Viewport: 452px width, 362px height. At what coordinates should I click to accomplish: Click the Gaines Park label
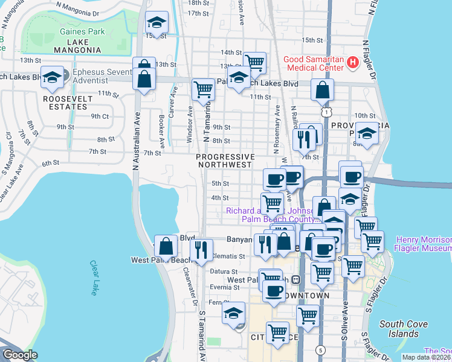(x=82, y=32)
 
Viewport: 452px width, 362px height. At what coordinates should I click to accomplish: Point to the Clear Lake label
(x=94, y=278)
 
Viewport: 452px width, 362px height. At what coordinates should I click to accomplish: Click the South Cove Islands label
(x=404, y=329)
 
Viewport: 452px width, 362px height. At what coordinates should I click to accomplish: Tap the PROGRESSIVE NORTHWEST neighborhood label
(x=224, y=160)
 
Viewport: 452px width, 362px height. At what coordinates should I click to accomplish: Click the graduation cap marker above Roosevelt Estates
(x=53, y=77)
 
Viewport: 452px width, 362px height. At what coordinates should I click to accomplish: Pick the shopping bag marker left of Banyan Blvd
(x=166, y=246)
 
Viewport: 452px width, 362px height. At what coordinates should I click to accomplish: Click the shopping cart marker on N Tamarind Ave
(x=204, y=90)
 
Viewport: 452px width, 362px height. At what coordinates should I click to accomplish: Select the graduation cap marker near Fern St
(x=233, y=313)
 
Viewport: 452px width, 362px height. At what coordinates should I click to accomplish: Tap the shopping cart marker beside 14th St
(x=255, y=62)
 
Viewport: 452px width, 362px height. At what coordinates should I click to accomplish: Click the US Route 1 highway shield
(x=327, y=112)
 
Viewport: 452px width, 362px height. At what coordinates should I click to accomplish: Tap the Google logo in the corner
(x=20, y=355)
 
